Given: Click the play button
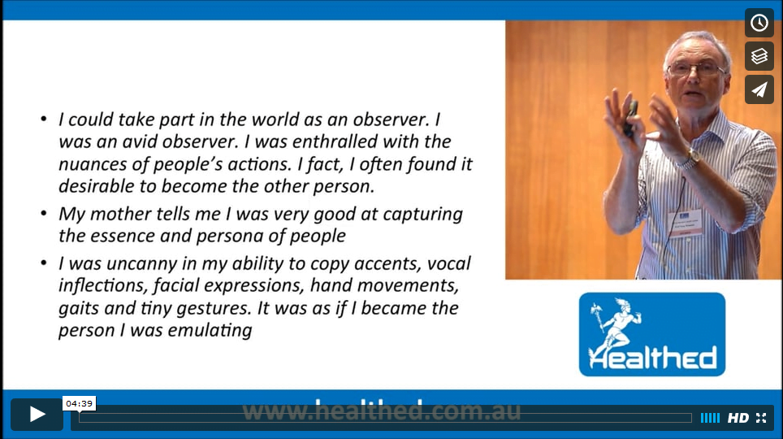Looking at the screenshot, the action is tap(37, 414).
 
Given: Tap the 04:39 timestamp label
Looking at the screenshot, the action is tap(80, 403).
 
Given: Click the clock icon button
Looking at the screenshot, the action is tap(759, 23).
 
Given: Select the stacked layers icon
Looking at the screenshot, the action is tap(759, 56).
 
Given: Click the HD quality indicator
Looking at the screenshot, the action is tap(738, 418).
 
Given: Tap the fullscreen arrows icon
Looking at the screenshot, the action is tap(761, 418).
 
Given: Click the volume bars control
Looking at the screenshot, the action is tap(710, 418).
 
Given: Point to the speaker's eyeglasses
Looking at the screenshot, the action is tap(695, 68).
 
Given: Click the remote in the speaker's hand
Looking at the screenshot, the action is tap(630, 118).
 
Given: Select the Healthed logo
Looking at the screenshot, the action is tap(651, 334).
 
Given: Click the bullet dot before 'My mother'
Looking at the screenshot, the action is tap(44, 214).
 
